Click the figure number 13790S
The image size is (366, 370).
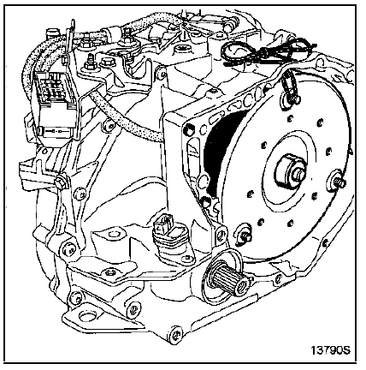pyautogui.click(x=330, y=350)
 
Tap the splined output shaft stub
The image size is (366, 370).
pyautogui.click(x=229, y=278)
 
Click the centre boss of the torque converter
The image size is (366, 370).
pyautogui.click(x=290, y=172)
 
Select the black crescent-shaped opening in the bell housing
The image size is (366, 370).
pyautogui.click(x=221, y=156)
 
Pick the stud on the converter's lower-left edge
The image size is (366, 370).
pyautogui.click(x=244, y=233)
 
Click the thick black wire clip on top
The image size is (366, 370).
pyautogui.click(x=267, y=54)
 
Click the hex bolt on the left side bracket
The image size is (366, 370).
pyautogui.click(x=62, y=182)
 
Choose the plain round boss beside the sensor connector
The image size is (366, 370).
pyautogui.click(x=114, y=235)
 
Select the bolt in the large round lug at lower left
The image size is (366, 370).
pyautogui.click(x=69, y=249)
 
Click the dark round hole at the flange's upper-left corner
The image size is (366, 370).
pyautogui.click(x=189, y=129)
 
